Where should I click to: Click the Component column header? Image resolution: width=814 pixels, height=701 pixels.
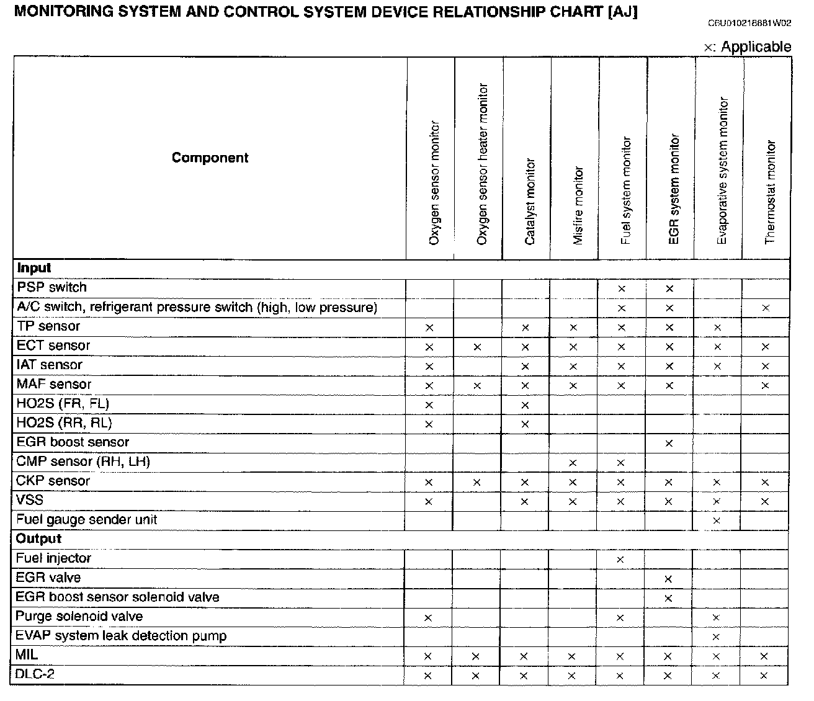point(210,158)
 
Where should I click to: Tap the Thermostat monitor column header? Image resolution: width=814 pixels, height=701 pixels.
point(770,192)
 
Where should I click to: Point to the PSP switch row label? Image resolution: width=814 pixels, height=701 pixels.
point(51,287)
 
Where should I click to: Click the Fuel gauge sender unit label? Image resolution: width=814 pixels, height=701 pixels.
point(86,519)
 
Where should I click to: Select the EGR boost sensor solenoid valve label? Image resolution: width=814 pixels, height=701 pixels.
point(117,597)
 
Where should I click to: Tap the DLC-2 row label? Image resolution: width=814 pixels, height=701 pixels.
point(35,674)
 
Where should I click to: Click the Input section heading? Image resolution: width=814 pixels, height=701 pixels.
point(34,268)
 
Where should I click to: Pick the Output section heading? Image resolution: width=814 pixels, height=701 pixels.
point(38,538)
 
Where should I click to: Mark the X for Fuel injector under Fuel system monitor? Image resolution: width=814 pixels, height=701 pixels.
point(620,560)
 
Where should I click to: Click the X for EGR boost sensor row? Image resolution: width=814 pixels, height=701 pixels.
point(669,444)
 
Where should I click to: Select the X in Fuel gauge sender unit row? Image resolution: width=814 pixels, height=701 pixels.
point(717,520)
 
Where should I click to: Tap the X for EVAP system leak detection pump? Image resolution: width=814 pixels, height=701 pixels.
point(717,637)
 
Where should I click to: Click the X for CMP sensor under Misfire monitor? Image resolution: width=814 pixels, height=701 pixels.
point(573,463)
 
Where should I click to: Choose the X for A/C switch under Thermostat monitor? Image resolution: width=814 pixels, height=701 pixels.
point(766,308)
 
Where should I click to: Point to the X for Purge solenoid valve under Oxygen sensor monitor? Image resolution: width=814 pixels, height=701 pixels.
point(428,618)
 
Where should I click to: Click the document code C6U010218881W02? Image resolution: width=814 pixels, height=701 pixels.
point(749,24)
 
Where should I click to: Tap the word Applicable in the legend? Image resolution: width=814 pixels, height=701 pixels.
point(756,47)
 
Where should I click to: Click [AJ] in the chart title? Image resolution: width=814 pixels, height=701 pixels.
point(623,12)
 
